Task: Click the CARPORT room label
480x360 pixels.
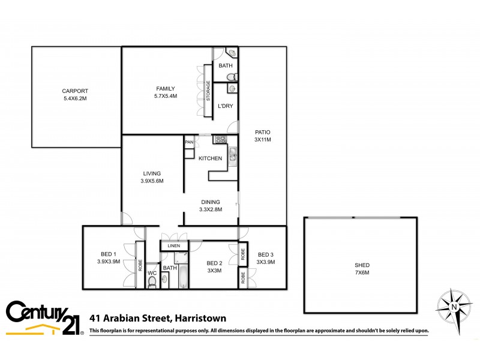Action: point(75,95)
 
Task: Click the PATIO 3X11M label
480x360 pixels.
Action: point(263,136)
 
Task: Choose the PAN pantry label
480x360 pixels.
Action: point(188,142)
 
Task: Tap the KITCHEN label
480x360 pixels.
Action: point(211,158)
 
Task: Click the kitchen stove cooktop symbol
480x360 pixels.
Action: point(219,140)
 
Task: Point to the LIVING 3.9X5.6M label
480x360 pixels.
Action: point(152,177)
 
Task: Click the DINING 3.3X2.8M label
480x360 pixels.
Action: point(211,206)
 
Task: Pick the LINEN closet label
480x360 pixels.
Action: point(174,246)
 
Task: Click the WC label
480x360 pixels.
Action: point(152,268)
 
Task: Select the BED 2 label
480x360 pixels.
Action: point(215,267)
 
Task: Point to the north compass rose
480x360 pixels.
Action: point(454,306)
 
